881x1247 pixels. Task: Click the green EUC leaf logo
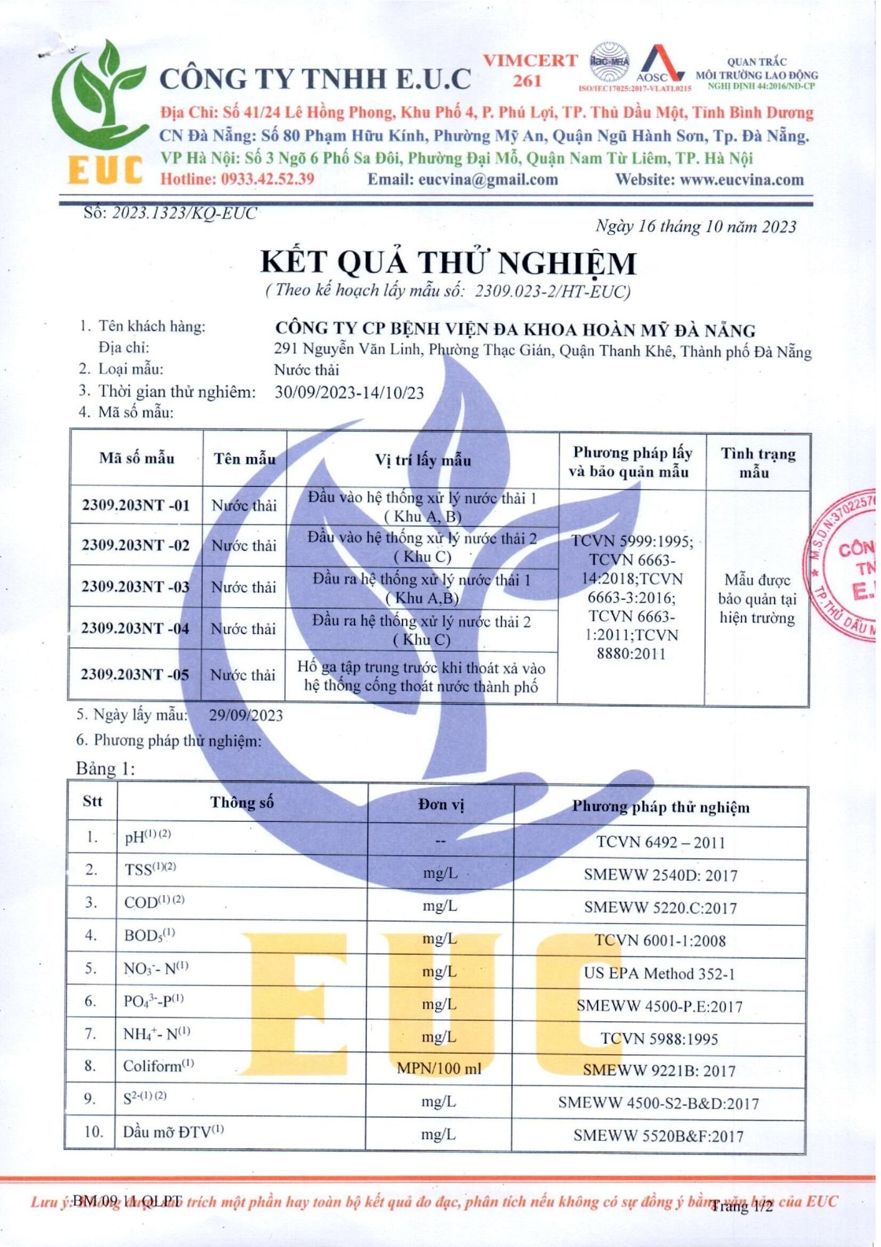tap(103, 112)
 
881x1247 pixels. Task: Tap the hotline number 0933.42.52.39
tap(267, 180)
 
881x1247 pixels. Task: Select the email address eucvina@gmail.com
tap(488, 180)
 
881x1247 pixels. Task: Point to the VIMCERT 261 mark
tap(530, 70)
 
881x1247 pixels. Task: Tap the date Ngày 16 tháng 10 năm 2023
tap(695, 226)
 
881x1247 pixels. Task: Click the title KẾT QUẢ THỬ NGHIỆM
tap(448, 262)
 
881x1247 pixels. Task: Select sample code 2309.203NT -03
tap(135, 587)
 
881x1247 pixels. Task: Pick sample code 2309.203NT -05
tap(135, 675)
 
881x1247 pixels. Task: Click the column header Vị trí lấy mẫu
tap(422, 460)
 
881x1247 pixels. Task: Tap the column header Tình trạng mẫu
tap(758, 462)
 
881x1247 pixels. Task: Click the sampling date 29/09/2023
tap(245, 715)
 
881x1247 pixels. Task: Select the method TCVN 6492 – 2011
tap(660, 842)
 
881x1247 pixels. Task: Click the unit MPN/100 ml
tap(439, 1068)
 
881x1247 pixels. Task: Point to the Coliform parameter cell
tap(158, 1066)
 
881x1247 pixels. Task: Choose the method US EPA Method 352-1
tap(659, 973)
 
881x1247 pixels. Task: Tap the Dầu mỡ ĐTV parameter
tap(173, 1132)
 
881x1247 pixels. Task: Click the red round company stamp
tap(844, 564)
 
